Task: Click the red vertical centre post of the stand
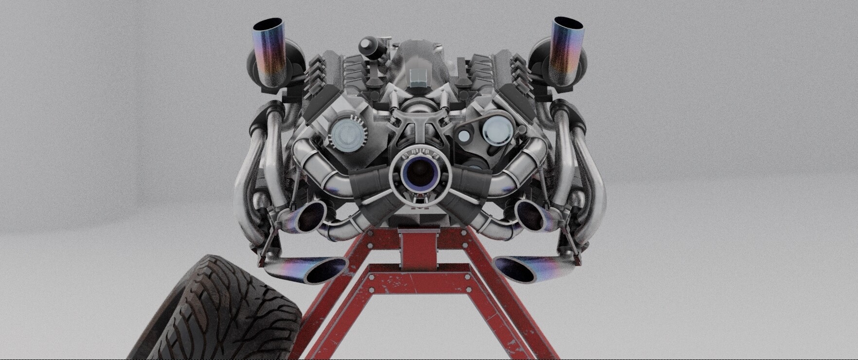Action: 418,246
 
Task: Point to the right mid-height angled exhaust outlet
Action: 530,214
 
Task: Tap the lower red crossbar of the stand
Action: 418,285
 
